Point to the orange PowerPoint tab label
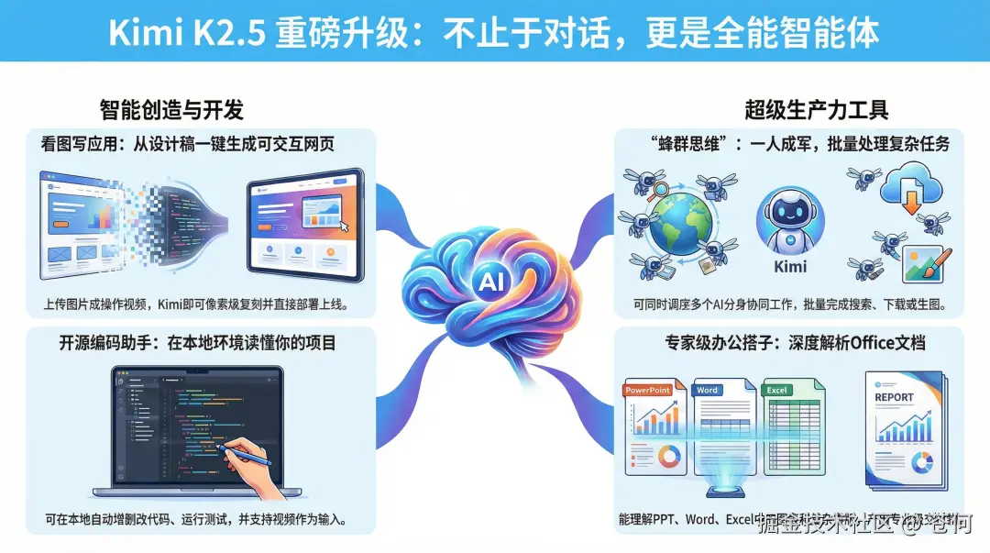pos(647,390)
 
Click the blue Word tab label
pos(708,390)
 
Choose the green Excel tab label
pos(777,390)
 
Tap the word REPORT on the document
pos(894,397)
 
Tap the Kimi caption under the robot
pos(790,266)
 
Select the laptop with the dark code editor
pos(197,429)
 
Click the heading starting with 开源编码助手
pos(197,343)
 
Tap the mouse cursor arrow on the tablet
pos(345,228)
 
